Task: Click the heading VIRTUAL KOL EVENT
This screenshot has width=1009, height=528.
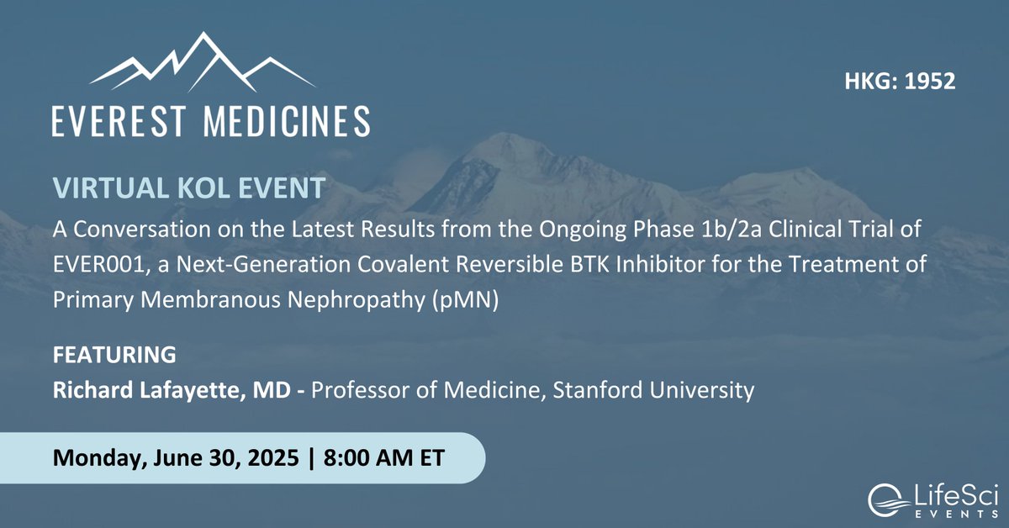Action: [x=189, y=187]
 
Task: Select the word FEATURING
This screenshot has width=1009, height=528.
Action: [x=114, y=355]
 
